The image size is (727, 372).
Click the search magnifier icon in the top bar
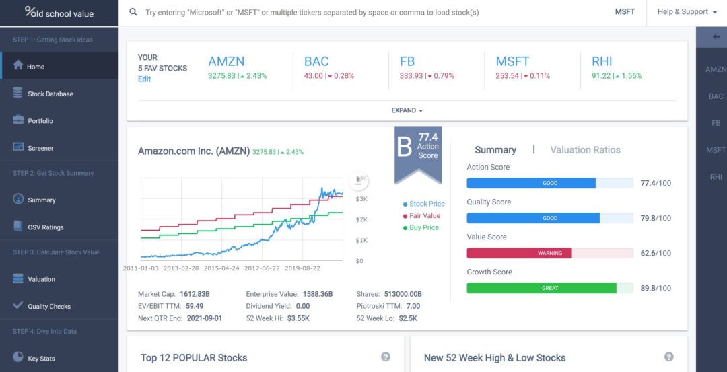pos(133,13)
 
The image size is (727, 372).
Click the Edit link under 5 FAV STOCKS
pos(144,79)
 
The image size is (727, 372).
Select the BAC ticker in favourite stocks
pos(316,61)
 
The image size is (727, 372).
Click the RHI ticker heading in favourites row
pos(602,61)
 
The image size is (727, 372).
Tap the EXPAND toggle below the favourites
pos(407,110)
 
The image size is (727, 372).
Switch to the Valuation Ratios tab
pos(585,149)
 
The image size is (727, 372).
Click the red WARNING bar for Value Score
pos(519,253)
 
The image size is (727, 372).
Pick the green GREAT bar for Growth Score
pos(541,288)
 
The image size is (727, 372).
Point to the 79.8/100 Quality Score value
pos(656,218)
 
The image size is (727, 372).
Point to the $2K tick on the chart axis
pos(361,219)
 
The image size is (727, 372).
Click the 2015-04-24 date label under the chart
pos(221,268)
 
